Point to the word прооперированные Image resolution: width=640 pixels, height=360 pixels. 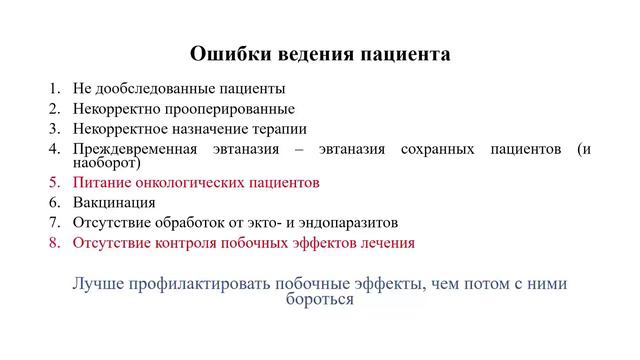[x=229, y=108]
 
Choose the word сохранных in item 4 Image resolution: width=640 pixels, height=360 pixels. [x=434, y=148]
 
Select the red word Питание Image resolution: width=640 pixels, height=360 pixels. [x=100, y=183]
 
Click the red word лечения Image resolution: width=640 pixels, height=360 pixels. [x=387, y=242]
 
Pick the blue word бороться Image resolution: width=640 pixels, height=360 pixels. [x=320, y=299]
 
